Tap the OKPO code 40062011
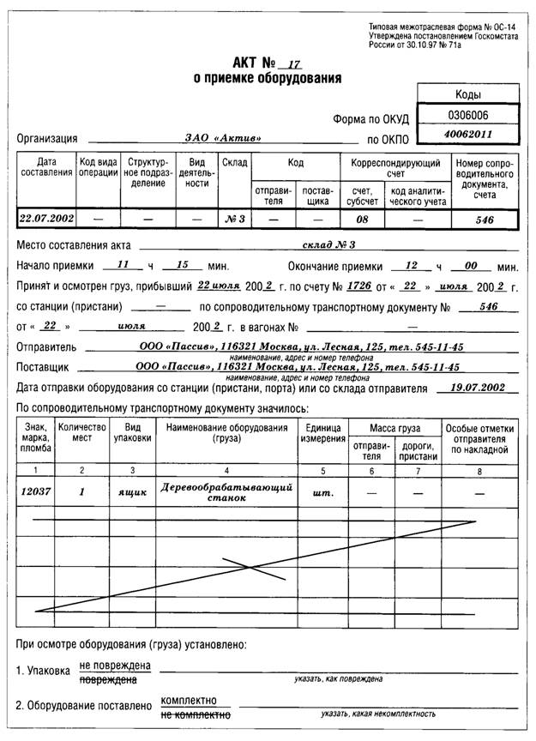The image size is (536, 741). tap(468, 135)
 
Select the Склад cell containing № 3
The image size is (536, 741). tap(233, 219)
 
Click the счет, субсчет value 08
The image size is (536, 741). tap(361, 219)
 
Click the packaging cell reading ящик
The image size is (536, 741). tap(132, 492)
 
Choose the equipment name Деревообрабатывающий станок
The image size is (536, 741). tap(226, 491)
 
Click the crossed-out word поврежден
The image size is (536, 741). tap(108, 678)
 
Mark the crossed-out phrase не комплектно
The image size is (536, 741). tap(195, 714)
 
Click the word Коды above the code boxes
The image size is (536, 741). tap(467, 94)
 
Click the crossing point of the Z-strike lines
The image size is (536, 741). tap(250, 567)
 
